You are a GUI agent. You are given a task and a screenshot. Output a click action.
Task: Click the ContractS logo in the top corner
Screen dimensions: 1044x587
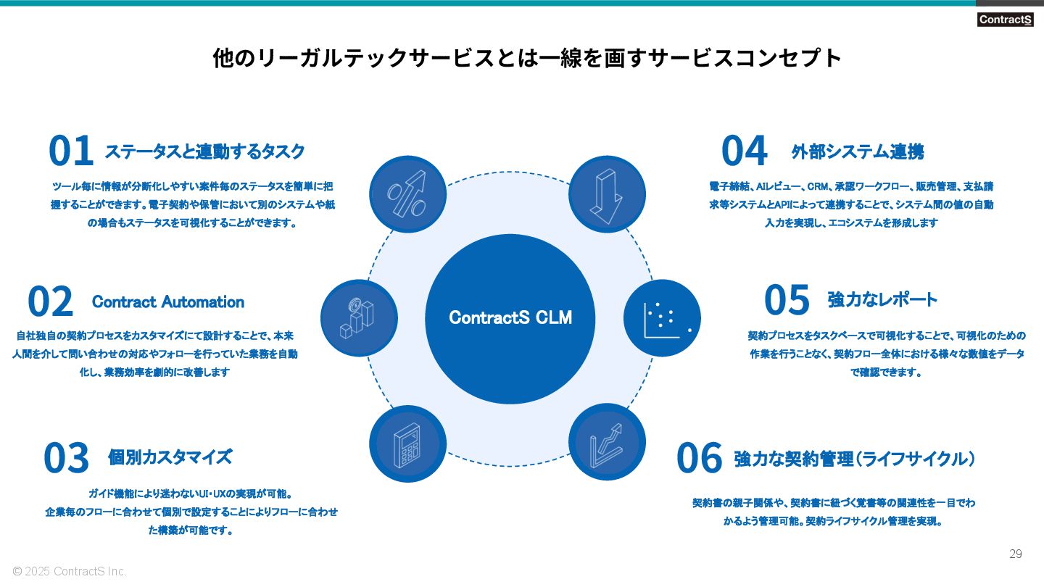pos(1005,20)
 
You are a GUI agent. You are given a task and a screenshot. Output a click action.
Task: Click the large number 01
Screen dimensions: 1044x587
pos(71,151)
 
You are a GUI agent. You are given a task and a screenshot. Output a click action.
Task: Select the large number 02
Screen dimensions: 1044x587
pos(51,302)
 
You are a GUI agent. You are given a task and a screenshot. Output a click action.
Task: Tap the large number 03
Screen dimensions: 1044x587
pos(66,458)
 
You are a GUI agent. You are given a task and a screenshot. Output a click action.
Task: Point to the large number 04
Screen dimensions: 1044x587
pos(744,151)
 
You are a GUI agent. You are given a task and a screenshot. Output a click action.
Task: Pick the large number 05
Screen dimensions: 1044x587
pos(787,300)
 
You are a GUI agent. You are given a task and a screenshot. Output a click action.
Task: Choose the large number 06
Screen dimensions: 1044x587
pos(700,459)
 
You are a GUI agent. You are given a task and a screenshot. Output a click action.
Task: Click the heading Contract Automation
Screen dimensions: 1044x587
pos(168,302)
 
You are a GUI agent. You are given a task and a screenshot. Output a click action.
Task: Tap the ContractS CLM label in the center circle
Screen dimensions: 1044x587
pos(510,317)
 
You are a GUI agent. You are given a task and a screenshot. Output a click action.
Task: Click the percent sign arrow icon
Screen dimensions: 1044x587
pos(407,194)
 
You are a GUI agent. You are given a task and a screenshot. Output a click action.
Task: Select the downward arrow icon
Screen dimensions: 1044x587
pos(606,194)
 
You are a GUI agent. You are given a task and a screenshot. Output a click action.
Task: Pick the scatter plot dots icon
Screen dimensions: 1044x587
pos(662,317)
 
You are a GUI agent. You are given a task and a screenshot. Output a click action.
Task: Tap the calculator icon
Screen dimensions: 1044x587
pos(407,444)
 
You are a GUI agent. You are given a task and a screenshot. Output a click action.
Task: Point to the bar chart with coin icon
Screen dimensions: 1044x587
pos(359,317)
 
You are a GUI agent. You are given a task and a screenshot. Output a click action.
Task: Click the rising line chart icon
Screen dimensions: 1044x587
pos(606,442)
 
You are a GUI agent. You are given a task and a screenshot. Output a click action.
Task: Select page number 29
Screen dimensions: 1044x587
pos(1016,554)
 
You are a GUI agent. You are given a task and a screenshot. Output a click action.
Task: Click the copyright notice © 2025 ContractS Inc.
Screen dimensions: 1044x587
pos(70,572)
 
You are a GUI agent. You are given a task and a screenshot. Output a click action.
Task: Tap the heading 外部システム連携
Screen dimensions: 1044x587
pos(858,152)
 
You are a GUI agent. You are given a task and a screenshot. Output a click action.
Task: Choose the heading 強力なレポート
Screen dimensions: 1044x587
pos(882,300)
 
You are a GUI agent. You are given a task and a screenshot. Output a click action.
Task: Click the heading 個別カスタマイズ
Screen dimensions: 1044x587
pos(170,457)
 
